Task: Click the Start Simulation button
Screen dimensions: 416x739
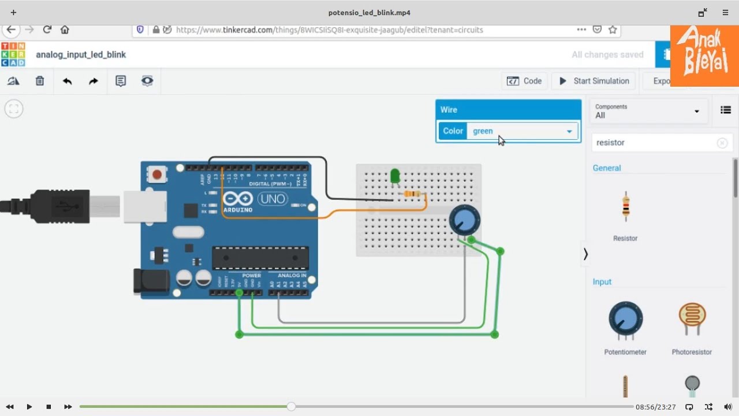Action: (594, 81)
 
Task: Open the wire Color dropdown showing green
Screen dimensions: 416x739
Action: (522, 131)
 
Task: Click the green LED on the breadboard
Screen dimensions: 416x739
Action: (395, 175)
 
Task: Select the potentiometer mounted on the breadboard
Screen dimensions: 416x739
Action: (464, 220)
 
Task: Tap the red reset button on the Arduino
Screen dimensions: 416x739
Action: (156, 174)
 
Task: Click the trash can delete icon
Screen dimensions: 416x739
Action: (40, 81)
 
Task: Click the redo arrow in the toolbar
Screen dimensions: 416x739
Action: (94, 81)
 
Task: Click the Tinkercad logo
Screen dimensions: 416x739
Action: (13, 54)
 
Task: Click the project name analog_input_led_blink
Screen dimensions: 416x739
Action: (81, 54)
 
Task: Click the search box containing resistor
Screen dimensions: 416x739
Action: (655, 143)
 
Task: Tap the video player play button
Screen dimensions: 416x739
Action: (29, 407)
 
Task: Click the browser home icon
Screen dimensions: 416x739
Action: (65, 29)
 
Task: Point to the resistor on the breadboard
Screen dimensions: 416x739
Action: (412, 194)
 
